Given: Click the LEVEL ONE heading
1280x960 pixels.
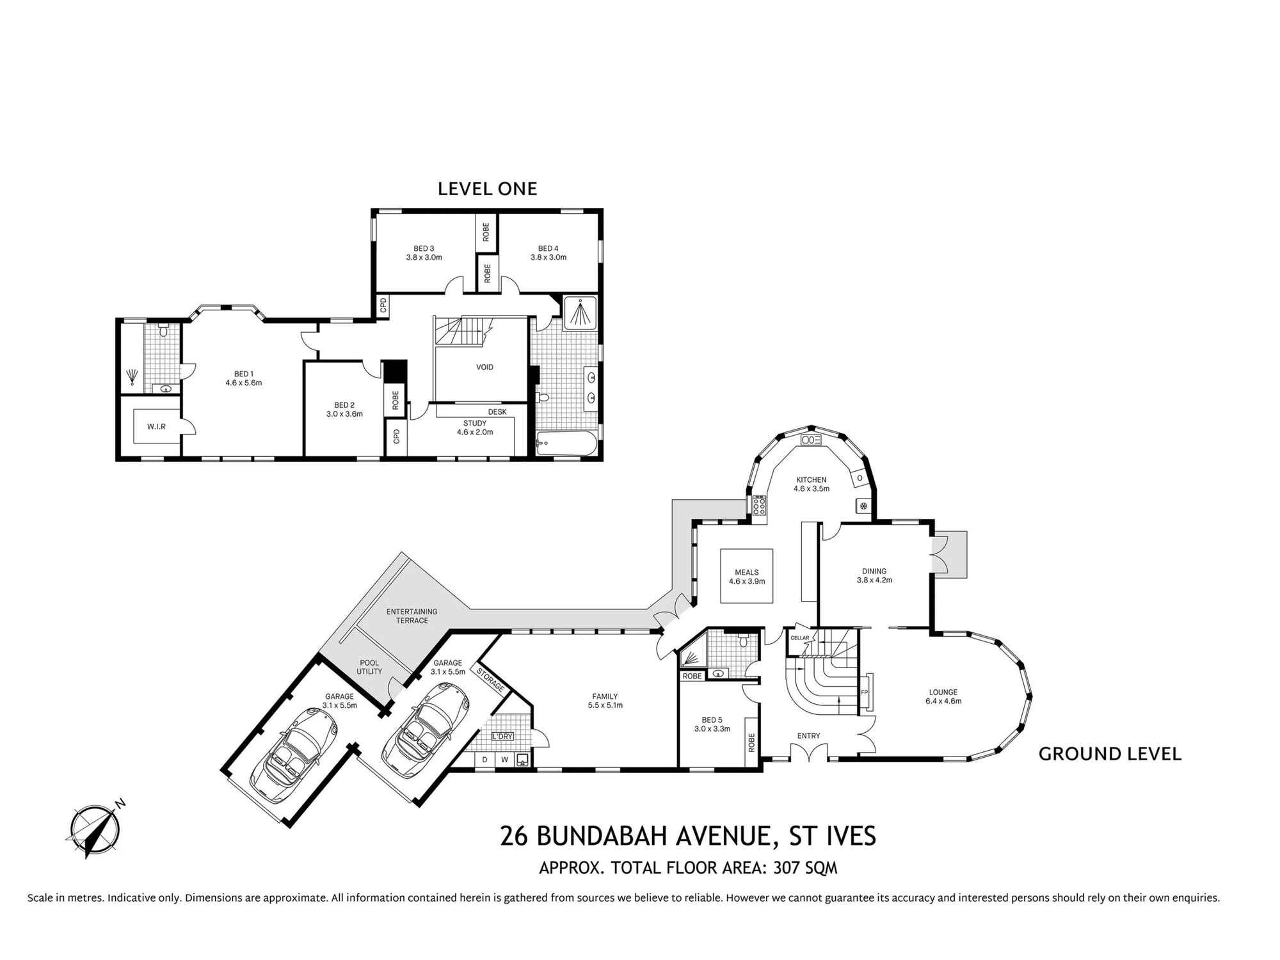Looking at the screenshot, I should (x=487, y=189).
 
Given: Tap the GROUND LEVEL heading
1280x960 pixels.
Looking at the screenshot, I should (x=1109, y=754).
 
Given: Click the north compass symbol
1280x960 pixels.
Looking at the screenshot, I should (x=94, y=829).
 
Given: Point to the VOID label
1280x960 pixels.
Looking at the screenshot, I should (x=484, y=367).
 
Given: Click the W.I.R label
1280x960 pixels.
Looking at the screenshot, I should (x=156, y=426).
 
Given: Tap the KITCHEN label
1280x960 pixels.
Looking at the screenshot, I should (x=811, y=479).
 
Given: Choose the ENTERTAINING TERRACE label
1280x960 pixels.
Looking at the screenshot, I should (x=412, y=616).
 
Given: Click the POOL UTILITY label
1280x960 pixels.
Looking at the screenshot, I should (x=369, y=667).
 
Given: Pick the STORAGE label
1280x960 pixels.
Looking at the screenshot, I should (x=490, y=680).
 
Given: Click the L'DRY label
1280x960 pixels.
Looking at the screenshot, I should (x=502, y=737).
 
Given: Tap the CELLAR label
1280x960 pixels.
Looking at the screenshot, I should (x=799, y=638).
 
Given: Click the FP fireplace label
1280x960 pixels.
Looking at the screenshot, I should (x=863, y=692).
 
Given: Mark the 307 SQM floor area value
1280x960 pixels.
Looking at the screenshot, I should (x=805, y=868).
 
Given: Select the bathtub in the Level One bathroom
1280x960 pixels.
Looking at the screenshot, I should (x=566, y=443).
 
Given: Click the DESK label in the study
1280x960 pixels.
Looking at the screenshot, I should (x=497, y=412).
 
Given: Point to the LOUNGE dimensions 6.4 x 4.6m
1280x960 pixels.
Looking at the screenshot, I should (x=943, y=701).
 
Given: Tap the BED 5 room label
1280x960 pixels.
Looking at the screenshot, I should (x=712, y=720).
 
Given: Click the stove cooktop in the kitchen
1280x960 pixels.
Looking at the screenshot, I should (x=760, y=506).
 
